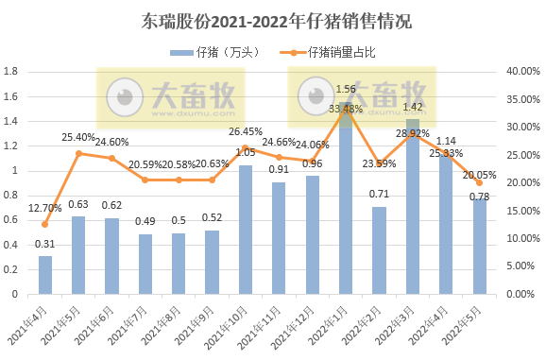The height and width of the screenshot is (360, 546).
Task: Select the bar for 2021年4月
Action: [45, 274]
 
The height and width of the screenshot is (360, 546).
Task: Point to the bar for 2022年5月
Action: [480, 246]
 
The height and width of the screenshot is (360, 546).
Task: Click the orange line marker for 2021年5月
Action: [79, 153]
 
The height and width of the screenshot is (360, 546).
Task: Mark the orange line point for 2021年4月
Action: [45, 224]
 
